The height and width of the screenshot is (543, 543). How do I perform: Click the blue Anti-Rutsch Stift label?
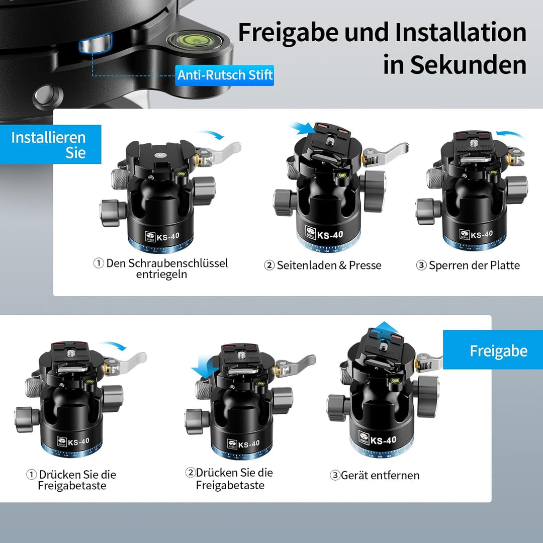[x=225, y=75]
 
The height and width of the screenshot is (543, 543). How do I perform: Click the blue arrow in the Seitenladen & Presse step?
[x=303, y=130]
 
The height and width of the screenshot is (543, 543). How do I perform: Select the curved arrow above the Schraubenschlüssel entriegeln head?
[x=211, y=134]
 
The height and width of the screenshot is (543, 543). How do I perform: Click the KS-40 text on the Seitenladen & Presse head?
[x=330, y=235]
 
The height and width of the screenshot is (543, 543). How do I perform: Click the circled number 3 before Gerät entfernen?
[x=335, y=475]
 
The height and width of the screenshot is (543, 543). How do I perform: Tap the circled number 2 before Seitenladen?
[x=269, y=265]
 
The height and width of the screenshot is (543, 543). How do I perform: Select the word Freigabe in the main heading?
[x=289, y=33]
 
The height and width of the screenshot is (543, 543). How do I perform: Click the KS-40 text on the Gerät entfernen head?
[x=384, y=440]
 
